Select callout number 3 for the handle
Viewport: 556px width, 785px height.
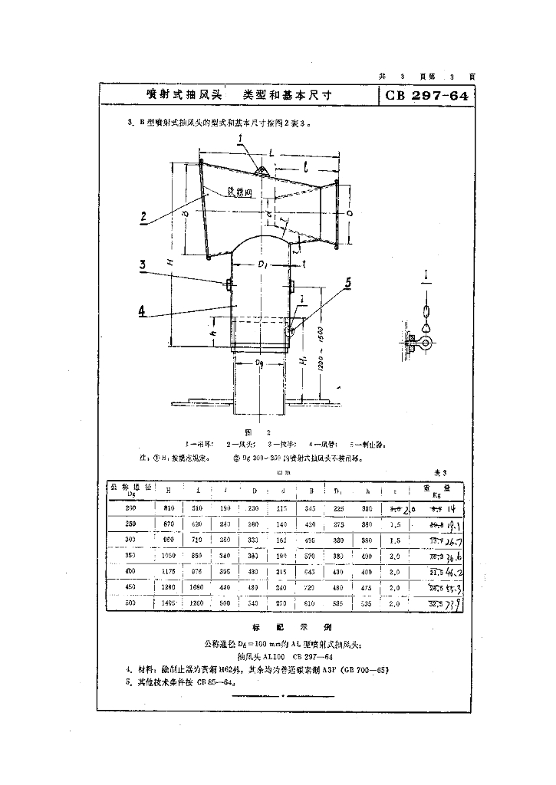(x=143, y=266)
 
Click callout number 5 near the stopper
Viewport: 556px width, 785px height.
(x=348, y=283)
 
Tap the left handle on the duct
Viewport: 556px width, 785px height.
(x=229, y=285)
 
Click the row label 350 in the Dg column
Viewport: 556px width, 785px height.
(x=130, y=557)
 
